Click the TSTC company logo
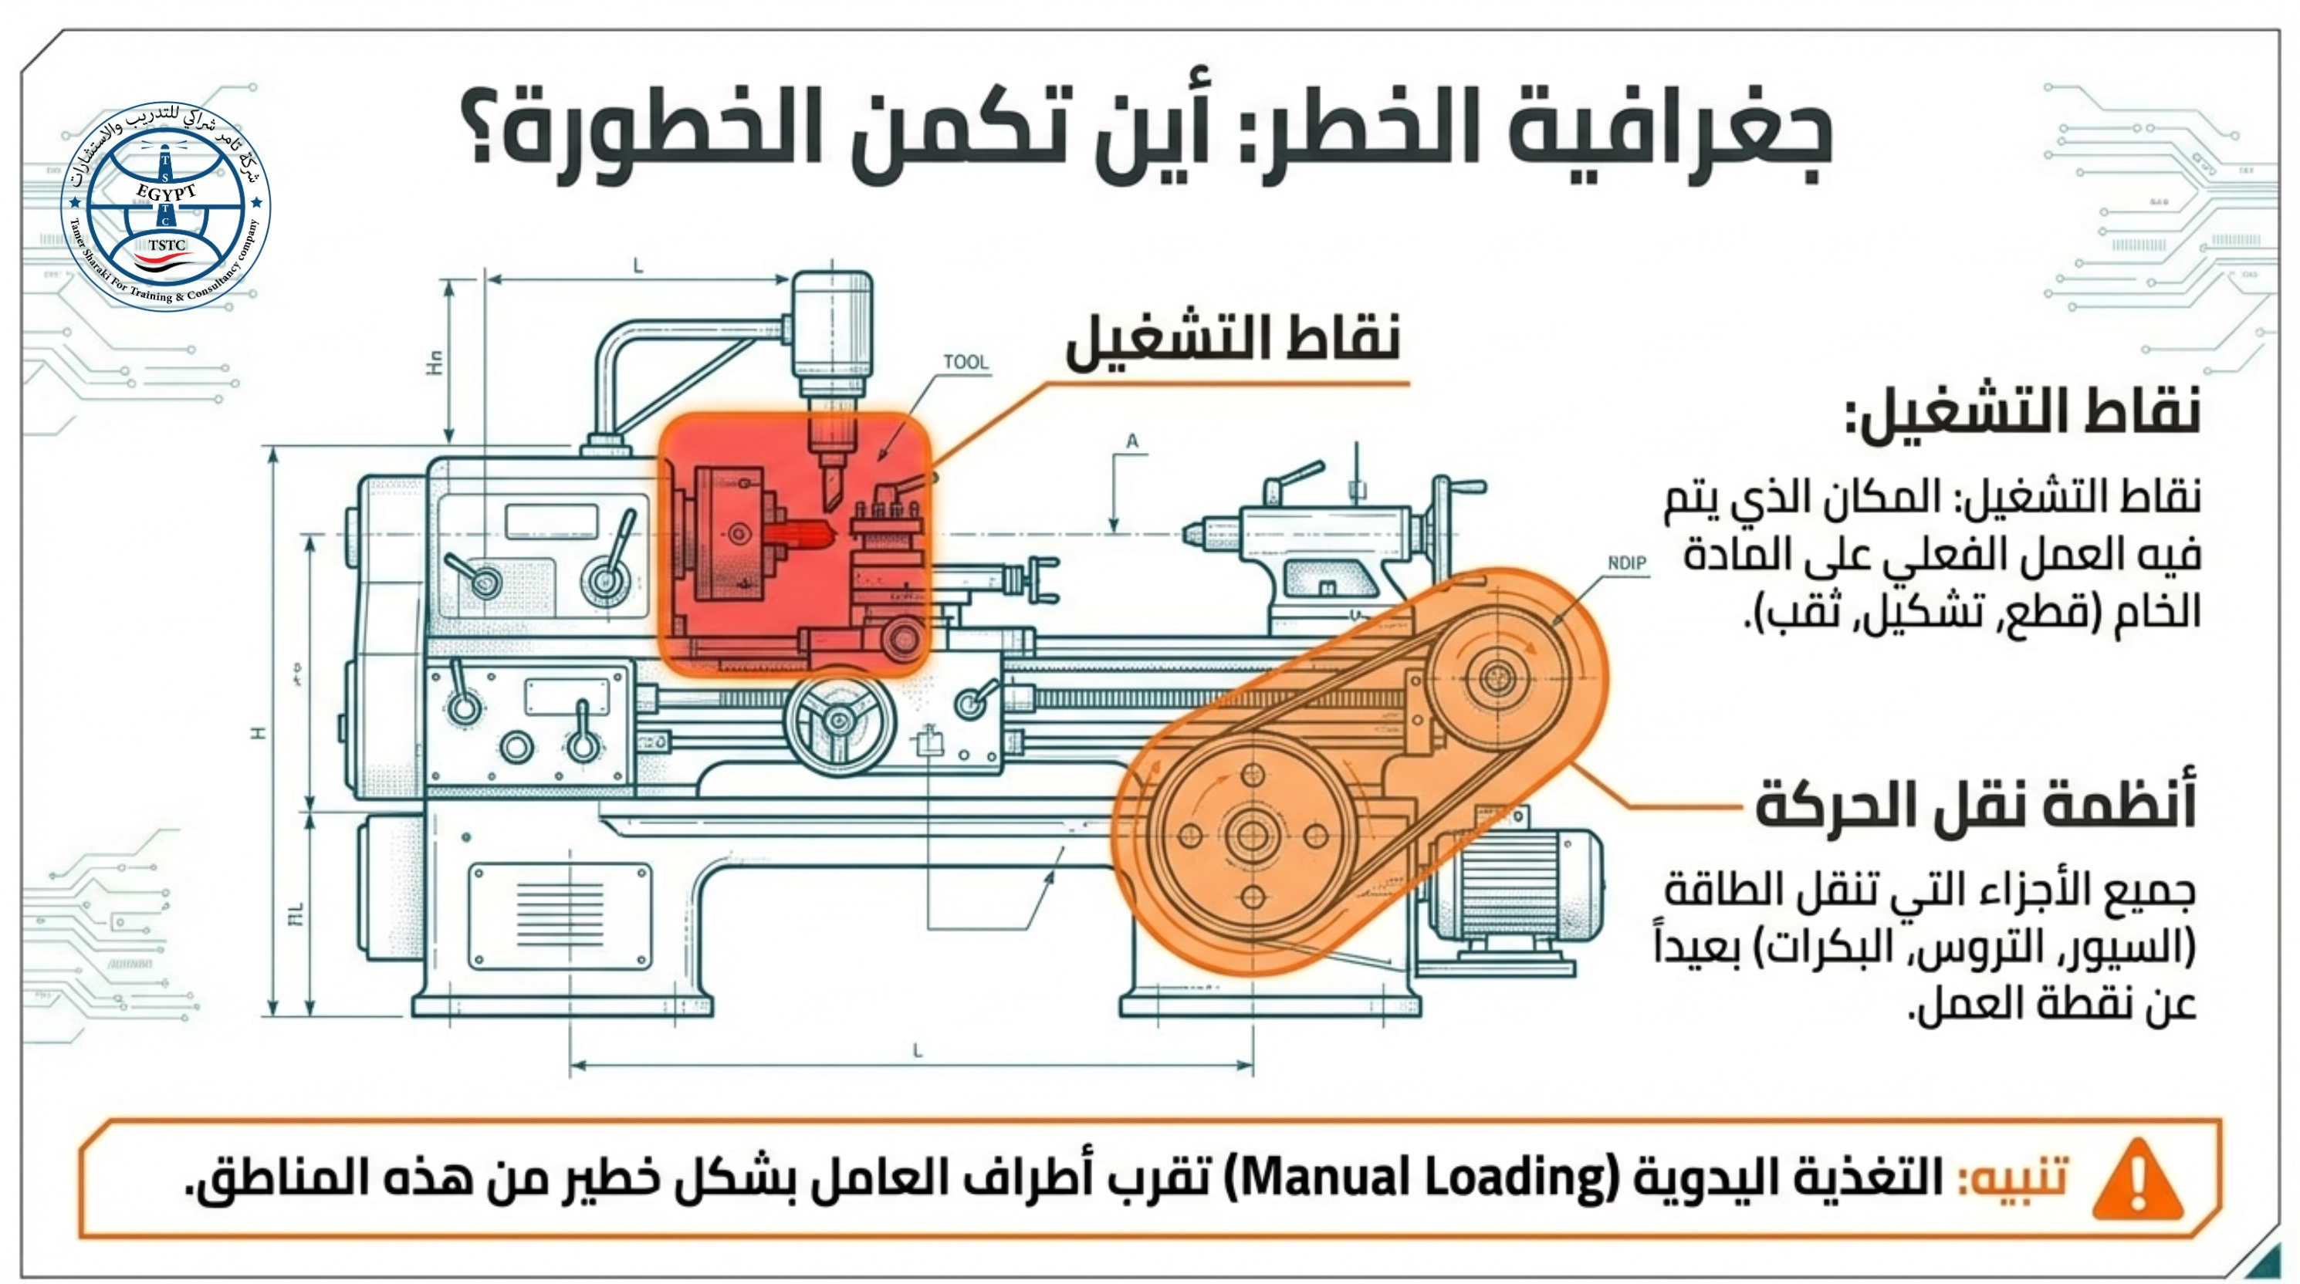click(x=166, y=205)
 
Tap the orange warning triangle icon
click(x=2137, y=1181)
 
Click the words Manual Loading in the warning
click(x=1425, y=1177)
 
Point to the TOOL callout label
click(x=966, y=362)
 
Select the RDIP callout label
click(x=1627, y=563)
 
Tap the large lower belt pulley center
click(x=1252, y=836)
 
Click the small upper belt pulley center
click(x=1497, y=677)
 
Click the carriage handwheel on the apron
click(x=838, y=720)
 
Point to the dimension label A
click(x=1132, y=441)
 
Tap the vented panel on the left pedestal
click(x=560, y=916)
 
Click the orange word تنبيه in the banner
click(x=2013, y=1177)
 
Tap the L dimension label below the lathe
click(x=917, y=1051)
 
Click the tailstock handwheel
click(x=1443, y=527)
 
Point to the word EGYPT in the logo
click(x=166, y=192)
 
